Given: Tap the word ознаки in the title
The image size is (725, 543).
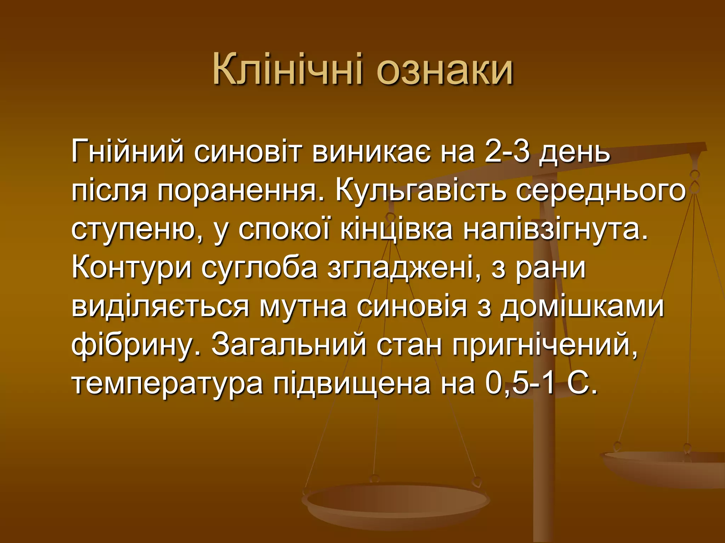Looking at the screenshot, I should coord(444,69).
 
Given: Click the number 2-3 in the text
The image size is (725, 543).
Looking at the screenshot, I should coord(507,151).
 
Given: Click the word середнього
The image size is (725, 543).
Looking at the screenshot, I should coord(600,192).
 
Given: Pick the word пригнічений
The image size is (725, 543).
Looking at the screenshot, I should coord(545,346).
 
